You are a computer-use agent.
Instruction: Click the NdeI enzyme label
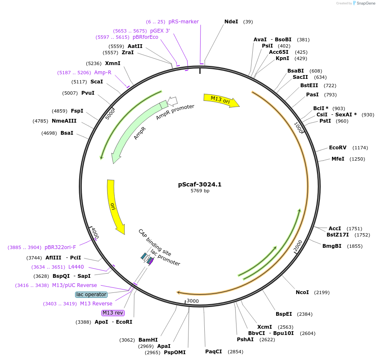point(231,21)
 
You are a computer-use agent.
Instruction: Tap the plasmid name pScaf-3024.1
point(200,184)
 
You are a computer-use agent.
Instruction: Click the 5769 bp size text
point(200,191)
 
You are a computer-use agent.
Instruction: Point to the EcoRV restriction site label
point(337,148)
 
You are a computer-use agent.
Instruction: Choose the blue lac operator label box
point(91,295)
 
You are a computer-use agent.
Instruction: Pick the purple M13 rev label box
point(113,313)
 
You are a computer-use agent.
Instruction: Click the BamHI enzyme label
point(148,340)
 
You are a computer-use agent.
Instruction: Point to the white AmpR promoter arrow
point(172,101)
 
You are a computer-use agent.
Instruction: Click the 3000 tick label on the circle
point(193,301)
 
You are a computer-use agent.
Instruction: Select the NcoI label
point(302,292)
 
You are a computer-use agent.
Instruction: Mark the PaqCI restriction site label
point(213,351)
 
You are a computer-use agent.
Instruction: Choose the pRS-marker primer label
point(183,22)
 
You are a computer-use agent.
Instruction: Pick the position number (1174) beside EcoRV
point(360,148)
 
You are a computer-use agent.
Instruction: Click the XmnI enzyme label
point(113,63)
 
